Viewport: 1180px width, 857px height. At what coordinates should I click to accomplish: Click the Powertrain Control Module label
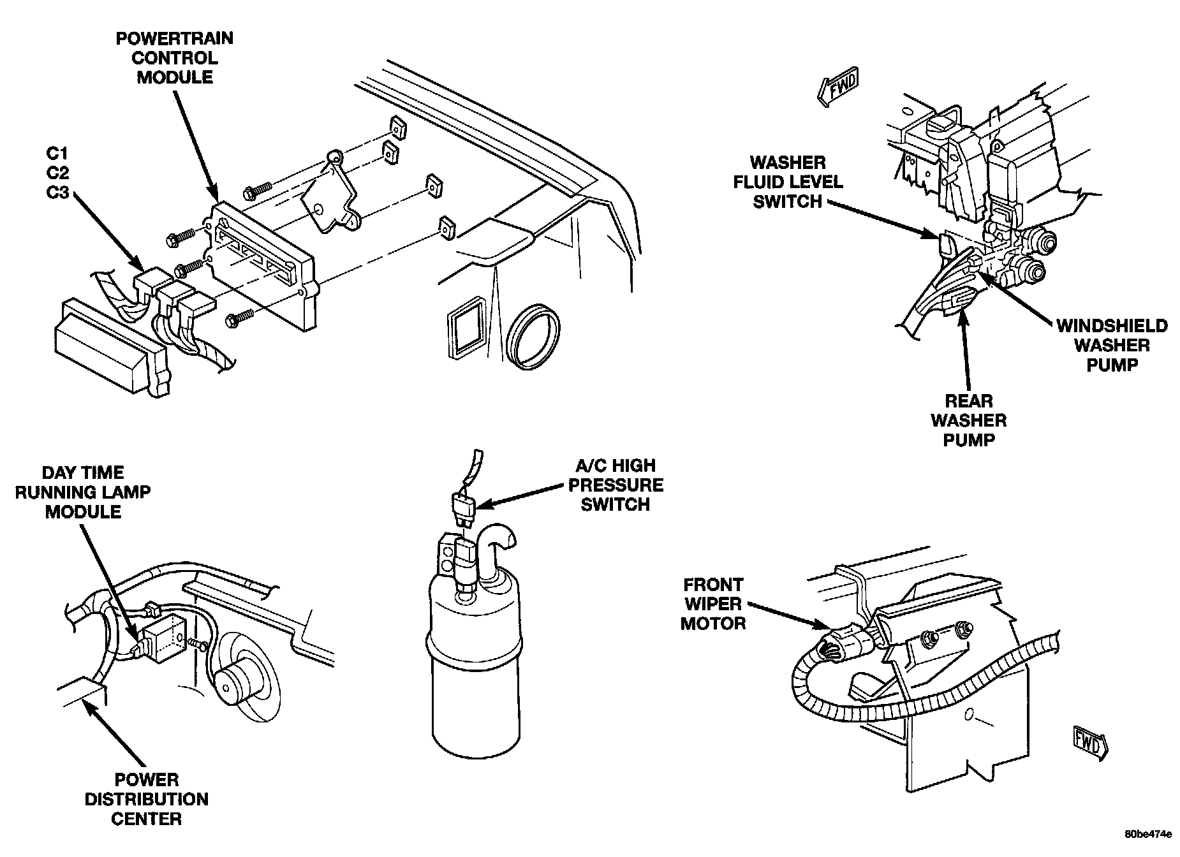(174, 58)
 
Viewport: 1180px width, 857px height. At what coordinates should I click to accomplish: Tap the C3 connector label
(57, 192)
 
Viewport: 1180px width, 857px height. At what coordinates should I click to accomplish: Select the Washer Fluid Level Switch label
(788, 182)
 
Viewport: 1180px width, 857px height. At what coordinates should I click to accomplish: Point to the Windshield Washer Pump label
(1112, 346)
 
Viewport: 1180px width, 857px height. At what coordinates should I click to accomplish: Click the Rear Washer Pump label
(968, 421)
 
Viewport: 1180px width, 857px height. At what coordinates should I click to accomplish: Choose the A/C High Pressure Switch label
(616, 485)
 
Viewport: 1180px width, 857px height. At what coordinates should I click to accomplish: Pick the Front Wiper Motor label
(712, 604)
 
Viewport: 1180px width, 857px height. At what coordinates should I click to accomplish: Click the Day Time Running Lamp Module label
(83, 492)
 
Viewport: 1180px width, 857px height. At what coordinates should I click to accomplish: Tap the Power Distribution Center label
(147, 799)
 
